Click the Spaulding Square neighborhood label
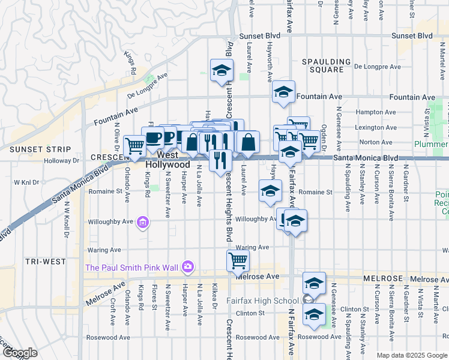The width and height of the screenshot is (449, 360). click(x=326, y=65)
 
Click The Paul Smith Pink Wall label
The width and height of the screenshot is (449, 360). click(x=133, y=267)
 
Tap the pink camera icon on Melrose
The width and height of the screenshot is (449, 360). click(x=188, y=266)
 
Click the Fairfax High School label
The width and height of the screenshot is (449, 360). click(x=262, y=301)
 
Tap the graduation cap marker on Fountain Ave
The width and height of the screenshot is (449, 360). click(x=283, y=92)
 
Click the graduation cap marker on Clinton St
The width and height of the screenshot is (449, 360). click(x=314, y=314)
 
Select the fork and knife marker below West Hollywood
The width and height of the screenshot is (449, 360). click(x=220, y=159)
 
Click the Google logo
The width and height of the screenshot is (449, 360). click(x=20, y=353)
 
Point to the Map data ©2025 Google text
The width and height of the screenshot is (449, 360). click(x=412, y=355)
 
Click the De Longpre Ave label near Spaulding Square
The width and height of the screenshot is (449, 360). click(x=378, y=67)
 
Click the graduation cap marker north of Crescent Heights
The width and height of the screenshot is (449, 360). click(x=221, y=70)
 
